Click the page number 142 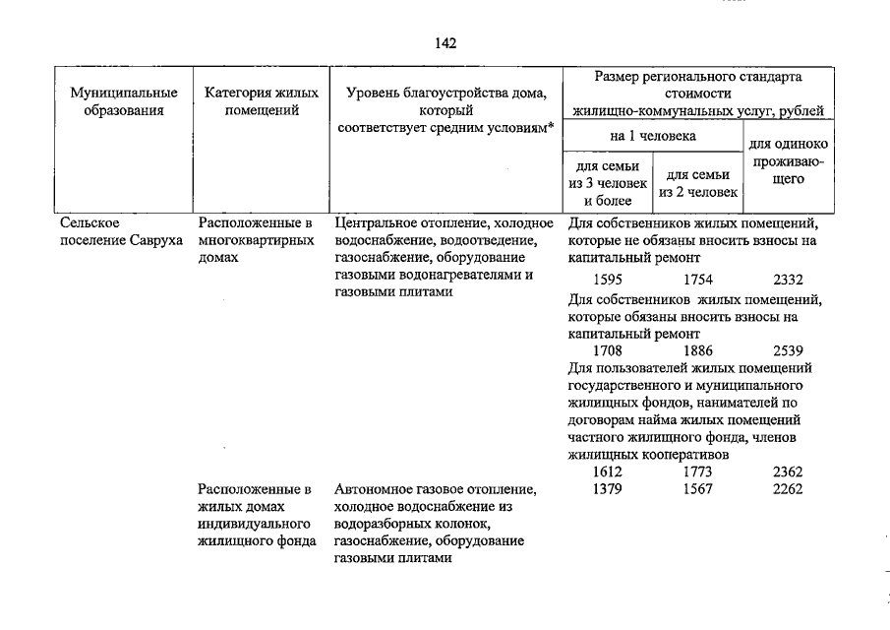(x=445, y=43)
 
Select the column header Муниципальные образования (x=124, y=101)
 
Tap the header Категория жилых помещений (x=262, y=101)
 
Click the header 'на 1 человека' (x=652, y=136)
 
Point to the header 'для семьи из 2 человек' (x=697, y=183)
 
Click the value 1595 (x=609, y=280)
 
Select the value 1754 (x=697, y=280)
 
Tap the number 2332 (x=788, y=280)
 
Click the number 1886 (x=697, y=350)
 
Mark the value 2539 (x=788, y=350)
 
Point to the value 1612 (x=609, y=472)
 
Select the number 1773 (x=697, y=472)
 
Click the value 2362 (x=788, y=472)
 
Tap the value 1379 (x=609, y=489)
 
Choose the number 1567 (x=697, y=489)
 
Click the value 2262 (x=788, y=489)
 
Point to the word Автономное (x=370, y=489)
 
